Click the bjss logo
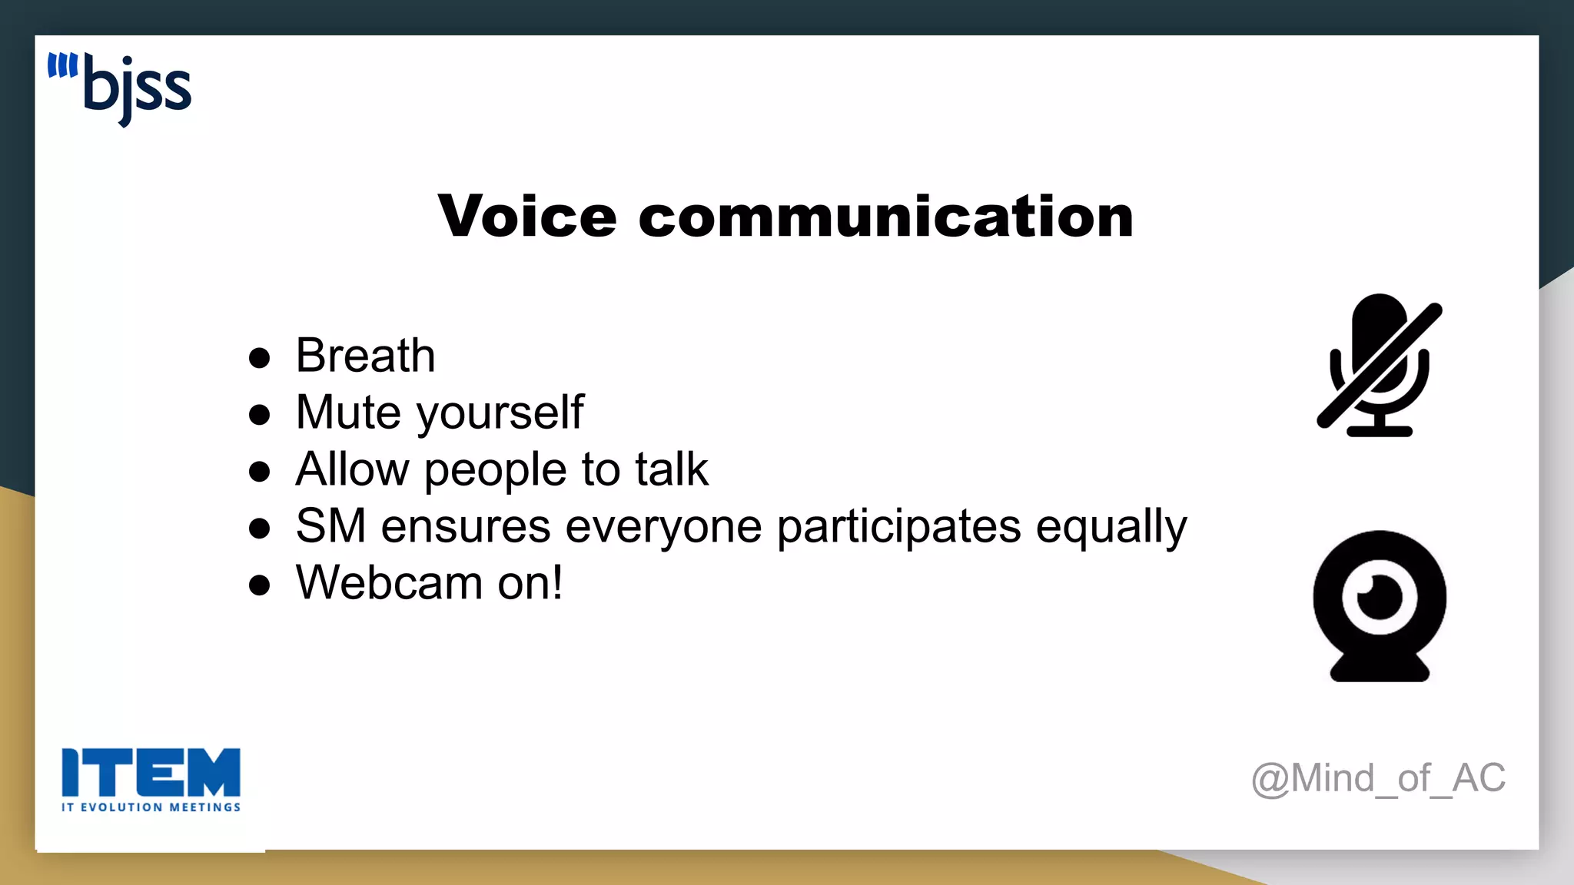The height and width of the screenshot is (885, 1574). (x=120, y=88)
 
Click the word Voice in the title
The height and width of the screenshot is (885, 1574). (x=527, y=217)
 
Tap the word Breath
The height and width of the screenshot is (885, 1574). (x=365, y=356)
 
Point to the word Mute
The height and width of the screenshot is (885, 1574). (x=348, y=413)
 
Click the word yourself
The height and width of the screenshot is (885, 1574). (x=500, y=414)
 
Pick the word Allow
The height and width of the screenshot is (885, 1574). (x=352, y=469)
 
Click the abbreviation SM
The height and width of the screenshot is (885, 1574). (x=330, y=526)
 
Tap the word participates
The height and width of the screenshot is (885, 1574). (x=899, y=528)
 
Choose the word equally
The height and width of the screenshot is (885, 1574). (x=1111, y=528)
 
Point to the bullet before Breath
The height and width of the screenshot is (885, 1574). (x=260, y=358)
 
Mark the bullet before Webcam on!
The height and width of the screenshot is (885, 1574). (x=260, y=585)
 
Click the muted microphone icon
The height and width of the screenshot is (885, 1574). (x=1380, y=365)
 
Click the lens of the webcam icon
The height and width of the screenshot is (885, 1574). (x=1380, y=597)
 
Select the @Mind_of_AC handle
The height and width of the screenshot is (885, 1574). (x=1378, y=778)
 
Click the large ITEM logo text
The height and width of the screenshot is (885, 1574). (x=151, y=772)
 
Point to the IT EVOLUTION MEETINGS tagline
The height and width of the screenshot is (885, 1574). (x=151, y=807)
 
